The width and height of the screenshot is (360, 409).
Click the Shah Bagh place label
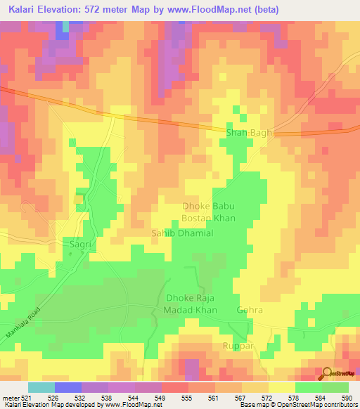point(247,131)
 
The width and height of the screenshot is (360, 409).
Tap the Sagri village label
point(80,244)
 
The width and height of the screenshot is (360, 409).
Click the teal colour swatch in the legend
point(41,387)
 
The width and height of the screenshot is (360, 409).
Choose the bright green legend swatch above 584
point(308,387)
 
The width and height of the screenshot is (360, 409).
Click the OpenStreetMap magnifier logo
point(327,373)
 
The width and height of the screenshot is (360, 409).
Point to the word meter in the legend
point(9,398)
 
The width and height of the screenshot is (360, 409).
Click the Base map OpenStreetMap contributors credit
point(298,405)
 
